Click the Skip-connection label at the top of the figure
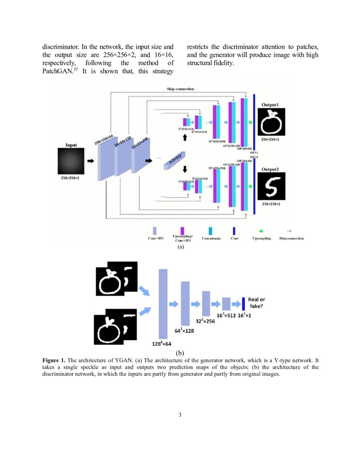180,89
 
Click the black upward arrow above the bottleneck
185,138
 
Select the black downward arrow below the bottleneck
185,169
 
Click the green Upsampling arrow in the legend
261,231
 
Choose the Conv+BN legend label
155,239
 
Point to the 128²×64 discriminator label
162,344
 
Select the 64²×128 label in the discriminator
184,330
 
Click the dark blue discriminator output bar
244,303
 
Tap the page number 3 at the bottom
180,414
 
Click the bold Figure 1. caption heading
54,361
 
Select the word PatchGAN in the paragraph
57,71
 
